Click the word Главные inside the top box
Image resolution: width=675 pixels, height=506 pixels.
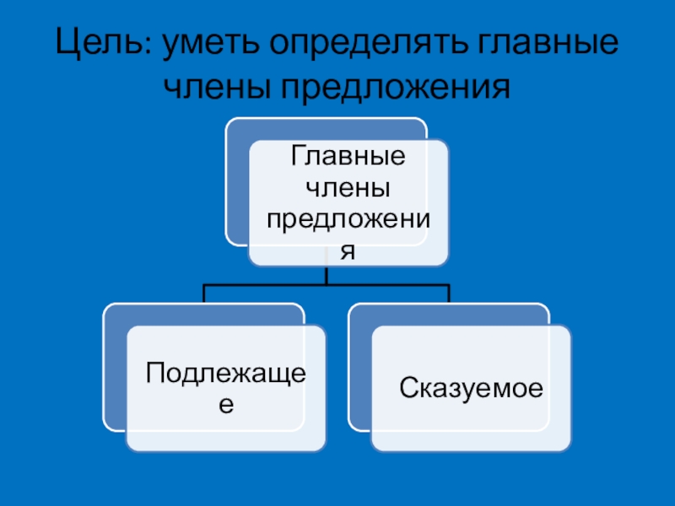(348, 158)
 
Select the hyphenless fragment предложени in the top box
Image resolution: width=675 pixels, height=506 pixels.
(348, 219)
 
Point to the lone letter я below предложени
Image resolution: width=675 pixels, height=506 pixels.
(348, 250)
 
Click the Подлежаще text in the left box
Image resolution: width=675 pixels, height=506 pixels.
(224, 372)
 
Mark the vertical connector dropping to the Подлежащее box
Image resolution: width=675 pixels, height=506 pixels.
(203, 293)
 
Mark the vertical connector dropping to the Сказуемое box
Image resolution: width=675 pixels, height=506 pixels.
(449, 293)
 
